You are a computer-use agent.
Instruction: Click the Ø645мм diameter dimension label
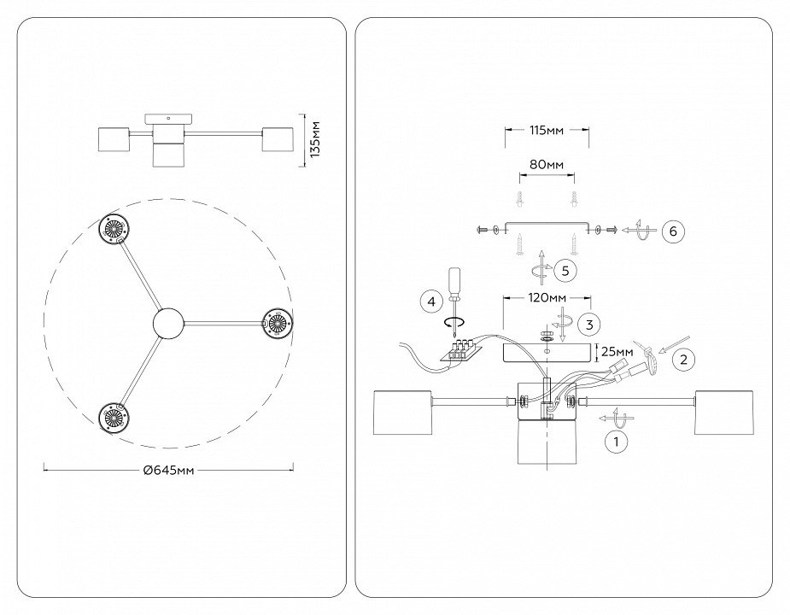pyautogui.click(x=169, y=470)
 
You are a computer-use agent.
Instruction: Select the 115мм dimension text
pyautogui.click(x=545, y=131)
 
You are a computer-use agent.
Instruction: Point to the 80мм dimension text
pyautogui.click(x=547, y=165)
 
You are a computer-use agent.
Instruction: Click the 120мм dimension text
pyautogui.click(x=546, y=298)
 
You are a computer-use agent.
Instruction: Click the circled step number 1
pyautogui.click(x=612, y=442)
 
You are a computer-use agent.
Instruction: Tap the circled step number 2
pyautogui.click(x=682, y=360)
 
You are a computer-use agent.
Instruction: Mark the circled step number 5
pyautogui.click(x=565, y=270)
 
